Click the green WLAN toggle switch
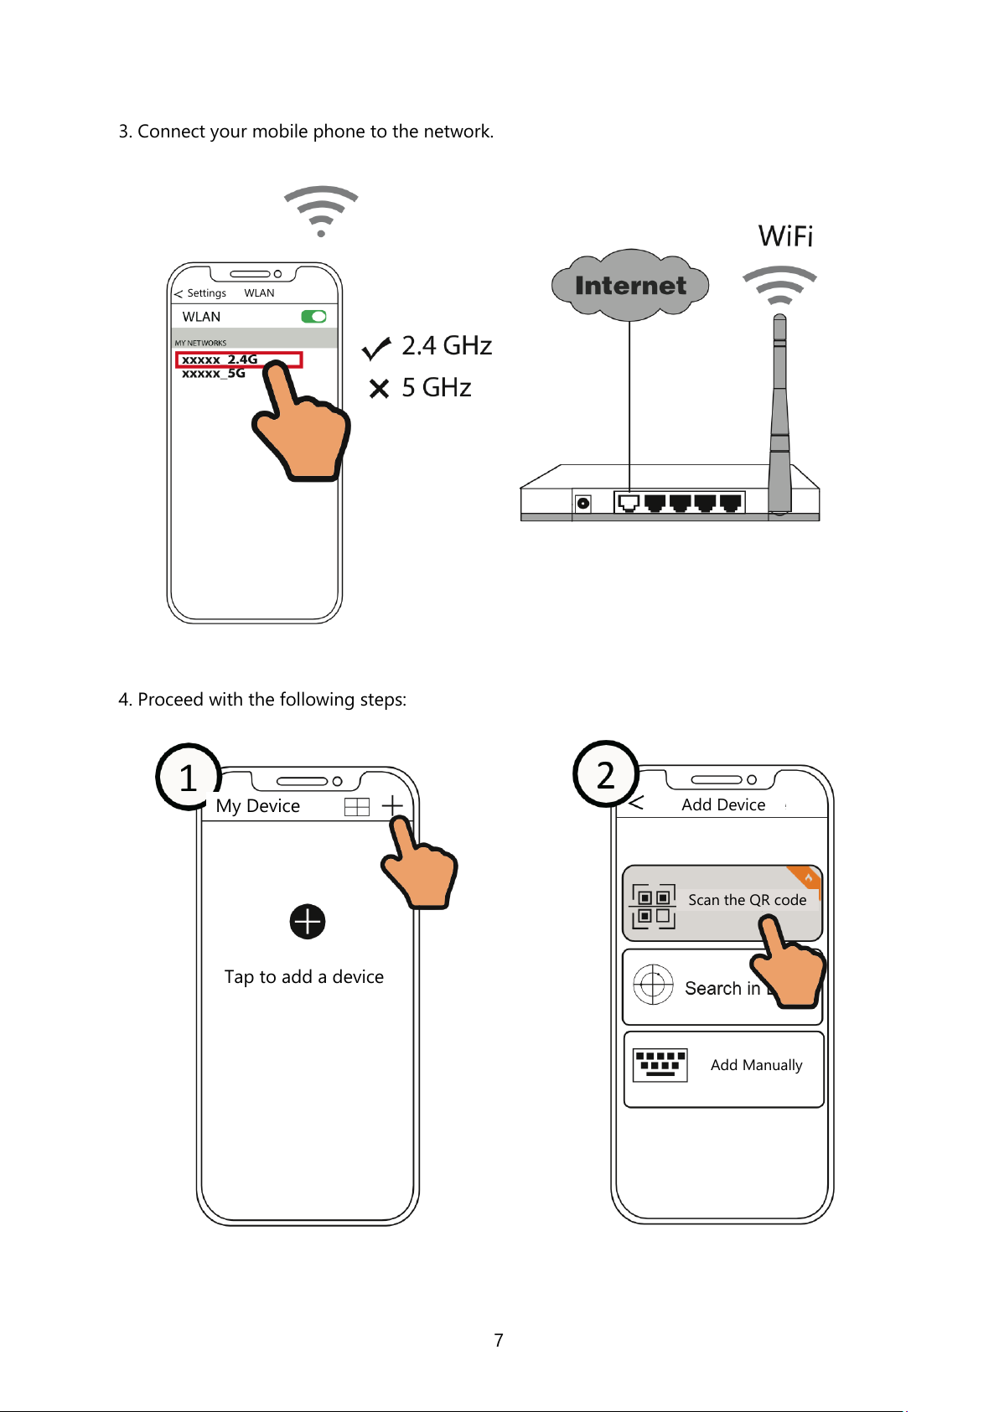coord(313,317)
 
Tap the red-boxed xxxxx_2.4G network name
coord(220,359)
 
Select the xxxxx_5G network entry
coord(213,373)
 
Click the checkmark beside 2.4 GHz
coord(375,348)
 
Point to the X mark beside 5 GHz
coord(379,388)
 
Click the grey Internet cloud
coord(629,285)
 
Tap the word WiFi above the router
coord(785,236)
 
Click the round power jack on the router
coord(583,503)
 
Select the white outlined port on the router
coord(629,503)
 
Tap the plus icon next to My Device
coord(392,805)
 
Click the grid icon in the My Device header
coord(357,807)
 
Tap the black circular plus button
coord(308,922)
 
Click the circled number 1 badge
coord(189,777)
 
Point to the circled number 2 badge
coord(606,773)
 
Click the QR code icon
coord(654,907)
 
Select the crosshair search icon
coord(653,984)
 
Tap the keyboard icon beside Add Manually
coord(660,1065)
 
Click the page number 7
coord(499,1340)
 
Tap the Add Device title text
coord(723,804)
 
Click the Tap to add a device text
coord(303,977)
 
